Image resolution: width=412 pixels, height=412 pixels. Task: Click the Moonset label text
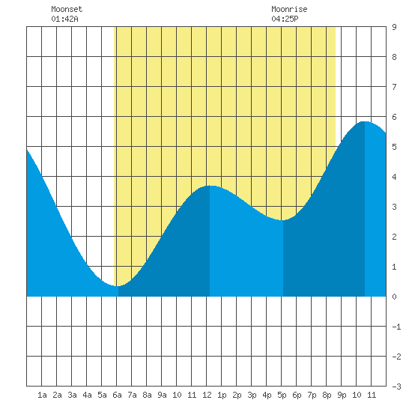[x=67, y=9]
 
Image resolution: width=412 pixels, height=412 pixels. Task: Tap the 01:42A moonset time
[x=64, y=19]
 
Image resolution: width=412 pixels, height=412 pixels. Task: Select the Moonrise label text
[x=289, y=9]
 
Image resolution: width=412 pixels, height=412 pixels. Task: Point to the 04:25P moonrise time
[x=285, y=19]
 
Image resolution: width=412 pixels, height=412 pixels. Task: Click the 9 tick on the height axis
[x=394, y=27]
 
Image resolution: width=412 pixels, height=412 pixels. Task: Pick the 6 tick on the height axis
[x=394, y=117]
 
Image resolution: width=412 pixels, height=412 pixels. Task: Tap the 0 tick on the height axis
[x=394, y=297]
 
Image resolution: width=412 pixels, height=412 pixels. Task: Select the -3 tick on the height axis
[x=396, y=387]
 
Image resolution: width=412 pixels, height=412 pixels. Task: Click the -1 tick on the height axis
[x=396, y=327]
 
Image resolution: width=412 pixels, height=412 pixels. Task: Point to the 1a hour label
[x=42, y=395]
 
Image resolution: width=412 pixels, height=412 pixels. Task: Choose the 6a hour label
[x=117, y=395]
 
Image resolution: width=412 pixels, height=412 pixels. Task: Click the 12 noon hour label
[x=207, y=395]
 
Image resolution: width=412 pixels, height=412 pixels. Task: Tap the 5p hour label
[x=282, y=395]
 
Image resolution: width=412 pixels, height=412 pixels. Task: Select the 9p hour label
[x=342, y=395]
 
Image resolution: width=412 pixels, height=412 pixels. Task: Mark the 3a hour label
[x=72, y=395]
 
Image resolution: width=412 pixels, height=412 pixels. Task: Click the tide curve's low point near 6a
[x=117, y=286]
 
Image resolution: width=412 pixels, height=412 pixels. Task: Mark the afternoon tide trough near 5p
[x=282, y=220]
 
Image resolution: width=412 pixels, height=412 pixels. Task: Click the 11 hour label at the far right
[x=372, y=395]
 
